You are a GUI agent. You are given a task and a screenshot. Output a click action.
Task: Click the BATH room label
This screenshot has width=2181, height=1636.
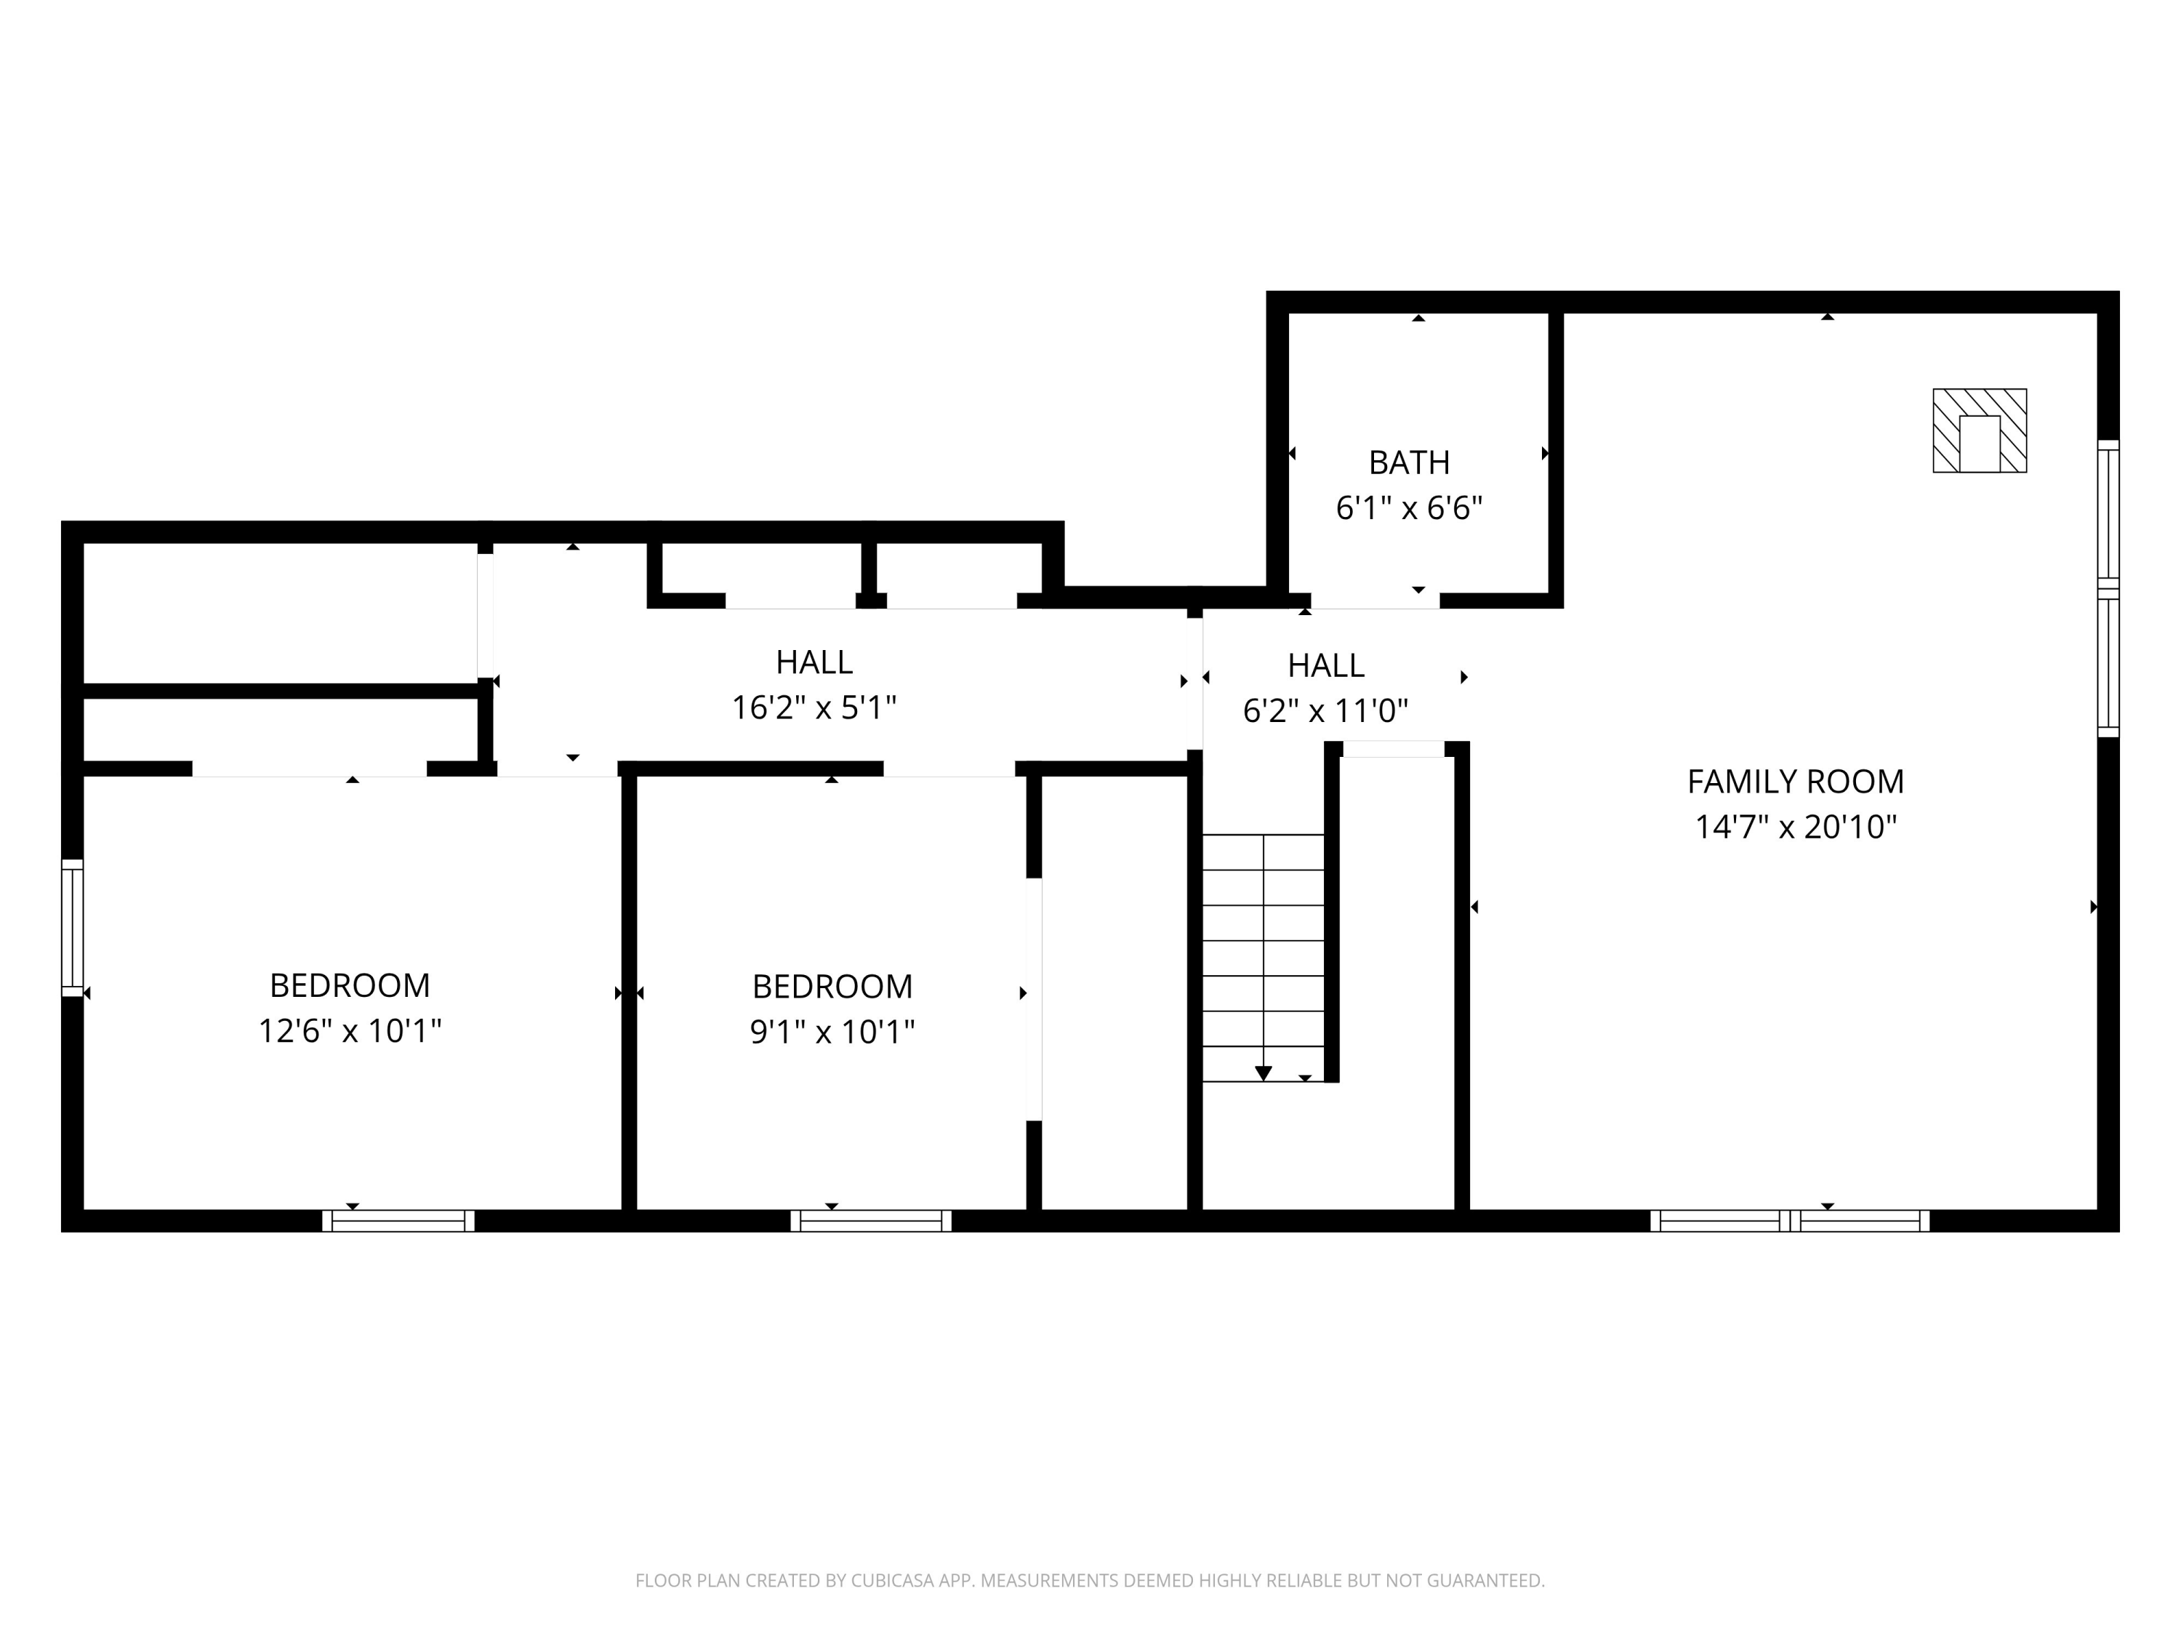(1408, 462)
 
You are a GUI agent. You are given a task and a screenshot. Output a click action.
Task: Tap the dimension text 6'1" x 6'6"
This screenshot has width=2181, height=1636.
(1408, 508)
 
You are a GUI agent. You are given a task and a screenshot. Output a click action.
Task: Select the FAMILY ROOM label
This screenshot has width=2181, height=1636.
(1794, 781)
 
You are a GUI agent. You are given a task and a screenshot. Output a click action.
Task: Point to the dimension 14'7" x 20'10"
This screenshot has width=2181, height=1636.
(1794, 827)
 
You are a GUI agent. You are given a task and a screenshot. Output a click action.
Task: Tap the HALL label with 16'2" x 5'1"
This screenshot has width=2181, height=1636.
(814, 662)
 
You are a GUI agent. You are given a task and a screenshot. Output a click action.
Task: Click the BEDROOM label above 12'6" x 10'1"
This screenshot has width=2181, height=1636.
(349, 985)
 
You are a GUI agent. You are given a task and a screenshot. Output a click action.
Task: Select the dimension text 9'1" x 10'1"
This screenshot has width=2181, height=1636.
(832, 1032)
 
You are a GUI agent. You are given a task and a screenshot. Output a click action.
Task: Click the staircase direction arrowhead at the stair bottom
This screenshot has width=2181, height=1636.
(1263, 1073)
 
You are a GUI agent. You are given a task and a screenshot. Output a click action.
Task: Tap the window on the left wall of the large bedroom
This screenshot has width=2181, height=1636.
(72, 927)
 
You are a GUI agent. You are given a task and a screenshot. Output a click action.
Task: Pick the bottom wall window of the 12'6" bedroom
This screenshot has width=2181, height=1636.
(398, 1221)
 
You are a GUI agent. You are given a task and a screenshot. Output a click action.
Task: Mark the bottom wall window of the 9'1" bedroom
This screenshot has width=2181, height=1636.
(871, 1221)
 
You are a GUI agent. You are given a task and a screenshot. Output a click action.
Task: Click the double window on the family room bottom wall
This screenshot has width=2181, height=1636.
(1790, 1221)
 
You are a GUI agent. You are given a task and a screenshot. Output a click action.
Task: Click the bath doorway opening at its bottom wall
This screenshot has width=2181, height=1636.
(1375, 601)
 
